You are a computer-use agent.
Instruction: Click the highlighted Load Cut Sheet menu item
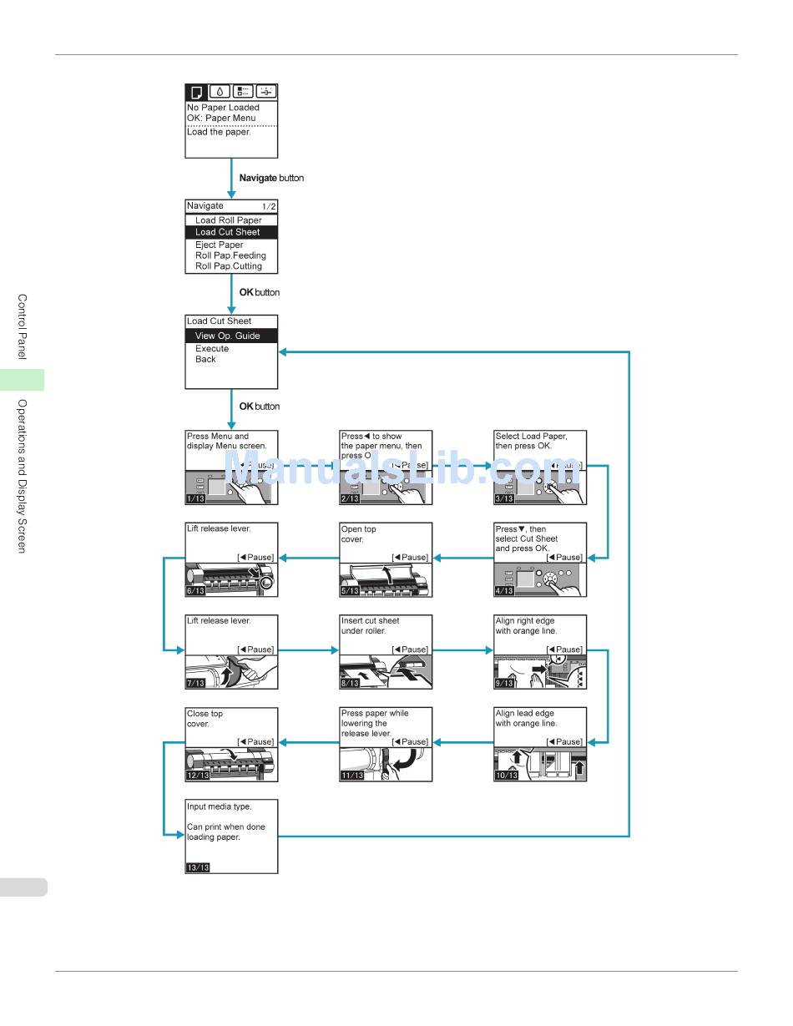click(227, 232)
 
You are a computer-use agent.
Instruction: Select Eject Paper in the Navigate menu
click(220, 245)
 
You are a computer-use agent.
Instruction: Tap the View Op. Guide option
click(227, 336)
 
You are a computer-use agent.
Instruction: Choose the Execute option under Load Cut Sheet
click(212, 348)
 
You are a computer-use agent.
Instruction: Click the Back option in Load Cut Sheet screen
click(205, 359)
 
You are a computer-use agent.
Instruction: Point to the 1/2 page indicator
click(268, 206)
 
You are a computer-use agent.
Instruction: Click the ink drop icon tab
click(220, 92)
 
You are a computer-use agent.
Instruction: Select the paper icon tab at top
click(196, 92)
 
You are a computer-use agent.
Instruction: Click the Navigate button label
click(271, 178)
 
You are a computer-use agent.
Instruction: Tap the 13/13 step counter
click(198, 867)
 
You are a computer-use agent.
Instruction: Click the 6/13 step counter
click(195, 591)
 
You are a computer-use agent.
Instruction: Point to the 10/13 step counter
click(506, 776)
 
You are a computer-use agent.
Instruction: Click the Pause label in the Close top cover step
click(256, 741)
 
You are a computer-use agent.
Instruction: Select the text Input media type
click(219, 806)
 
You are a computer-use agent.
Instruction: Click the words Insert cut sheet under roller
click(370, 625)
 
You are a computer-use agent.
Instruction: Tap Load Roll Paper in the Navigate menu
click(228, 220)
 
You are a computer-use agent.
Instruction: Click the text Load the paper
click(219, 132)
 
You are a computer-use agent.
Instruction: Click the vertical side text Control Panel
click(23, 326)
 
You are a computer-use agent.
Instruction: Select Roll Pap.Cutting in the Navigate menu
click(228, 266)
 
